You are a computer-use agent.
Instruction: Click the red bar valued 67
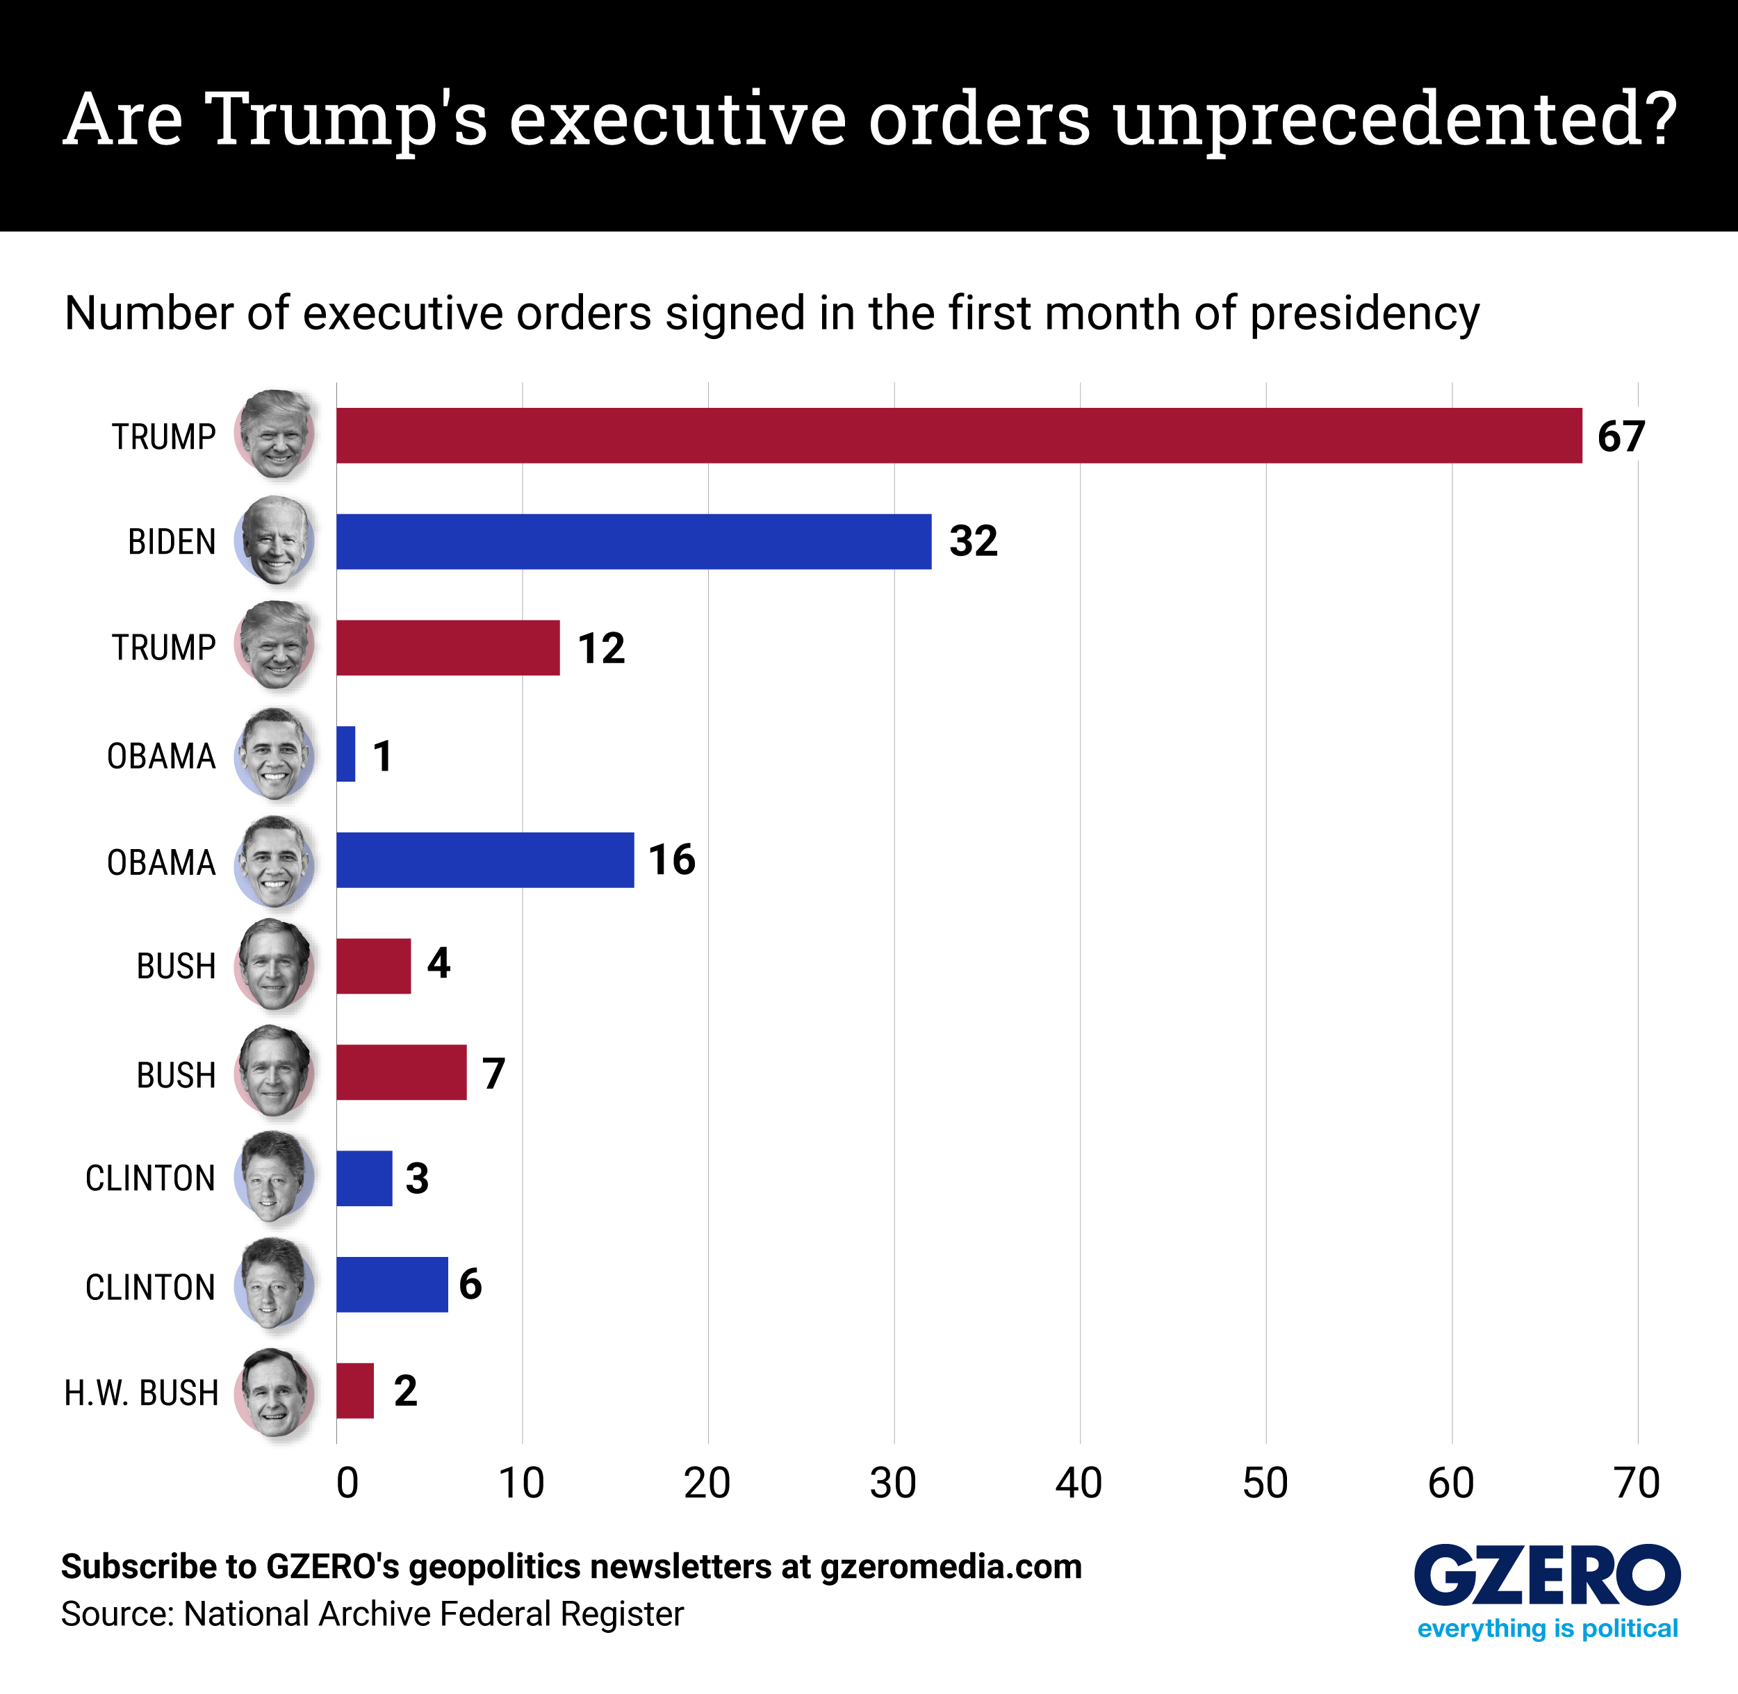coord(958,436)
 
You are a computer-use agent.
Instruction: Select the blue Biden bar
coord(634,541)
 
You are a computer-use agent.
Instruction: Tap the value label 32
coord(973,541)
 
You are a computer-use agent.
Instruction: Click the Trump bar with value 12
coord(448,648)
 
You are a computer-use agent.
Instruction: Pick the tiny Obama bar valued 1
coord(345,755)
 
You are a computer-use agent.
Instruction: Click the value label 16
coord(671,860)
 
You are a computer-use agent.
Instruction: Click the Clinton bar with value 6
coord(391,1284)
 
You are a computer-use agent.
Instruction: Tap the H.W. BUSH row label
coord(140,1392)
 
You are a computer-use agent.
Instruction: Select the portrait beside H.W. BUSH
coord(274,1392)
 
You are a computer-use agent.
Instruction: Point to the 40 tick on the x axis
coord(1079,1484)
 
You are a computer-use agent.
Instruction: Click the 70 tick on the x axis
coord(1637,1484)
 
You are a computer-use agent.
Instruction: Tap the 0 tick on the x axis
coord(347,1484)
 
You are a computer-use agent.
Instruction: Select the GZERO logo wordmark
coord(1547,1577)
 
